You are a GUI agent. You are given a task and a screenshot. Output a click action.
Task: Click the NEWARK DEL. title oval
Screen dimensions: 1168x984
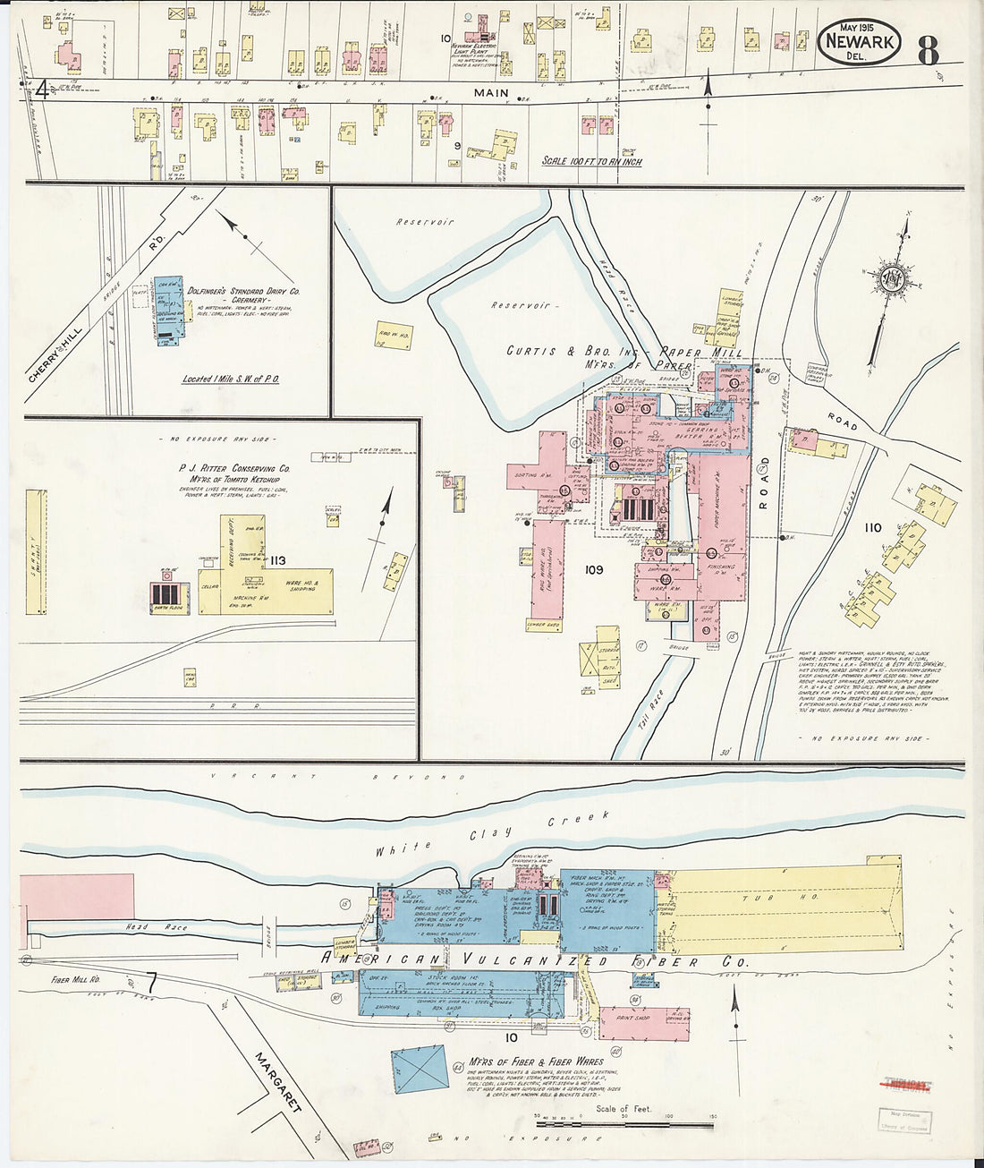859,42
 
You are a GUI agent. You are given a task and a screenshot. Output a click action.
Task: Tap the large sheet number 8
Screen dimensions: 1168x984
929,50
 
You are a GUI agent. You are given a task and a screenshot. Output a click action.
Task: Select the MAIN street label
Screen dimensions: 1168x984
491,93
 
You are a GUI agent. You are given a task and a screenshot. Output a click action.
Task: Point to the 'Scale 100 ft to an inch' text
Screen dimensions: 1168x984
591,162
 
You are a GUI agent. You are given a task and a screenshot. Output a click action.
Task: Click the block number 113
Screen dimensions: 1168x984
277,560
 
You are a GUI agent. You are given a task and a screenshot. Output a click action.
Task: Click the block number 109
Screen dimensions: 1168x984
593,569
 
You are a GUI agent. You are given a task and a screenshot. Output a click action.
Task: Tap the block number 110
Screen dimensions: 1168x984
872,528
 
